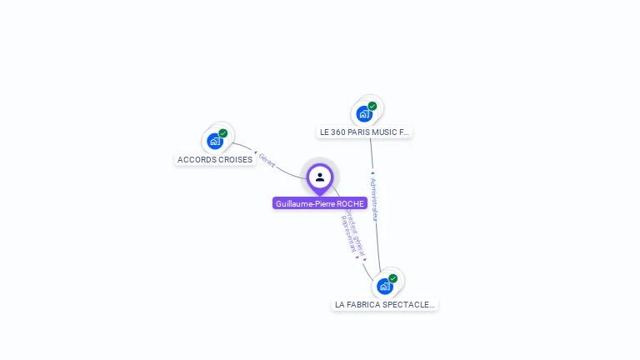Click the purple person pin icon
[320, 177]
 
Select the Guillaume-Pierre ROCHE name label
[320, 203]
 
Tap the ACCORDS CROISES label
[215, 159]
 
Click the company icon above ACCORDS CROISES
[215, 141]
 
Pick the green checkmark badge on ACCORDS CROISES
[223, 133]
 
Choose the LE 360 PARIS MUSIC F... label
[365, 132]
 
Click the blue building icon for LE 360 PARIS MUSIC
[364, 113]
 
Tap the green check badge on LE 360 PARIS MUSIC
[372, 106]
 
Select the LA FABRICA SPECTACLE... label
[384, 304]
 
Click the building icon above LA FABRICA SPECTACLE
[384, 286]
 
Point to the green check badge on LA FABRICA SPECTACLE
[392, 278]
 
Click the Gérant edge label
[267, 160]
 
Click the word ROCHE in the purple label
[351, 203]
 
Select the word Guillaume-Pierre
[305, 203]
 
